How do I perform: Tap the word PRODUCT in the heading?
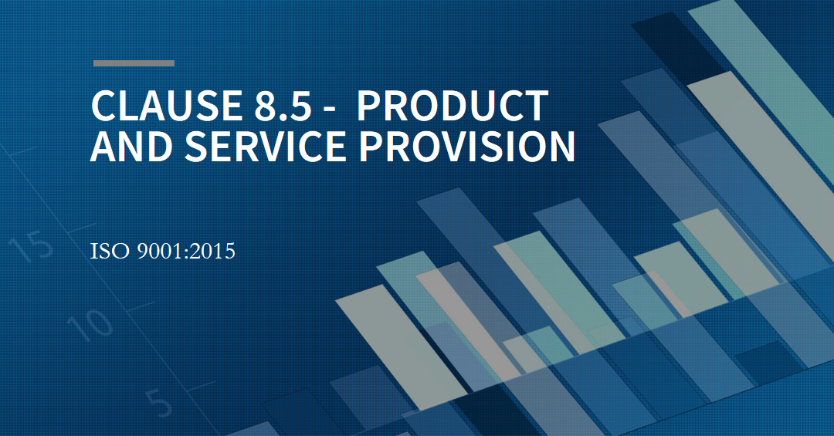(x=453, y=106)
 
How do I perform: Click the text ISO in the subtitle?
(x=107, y=252)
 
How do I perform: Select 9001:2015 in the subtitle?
(x=185, y=252)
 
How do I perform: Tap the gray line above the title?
(x=134, y=63)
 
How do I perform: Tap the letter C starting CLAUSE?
(x=103, y=106)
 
